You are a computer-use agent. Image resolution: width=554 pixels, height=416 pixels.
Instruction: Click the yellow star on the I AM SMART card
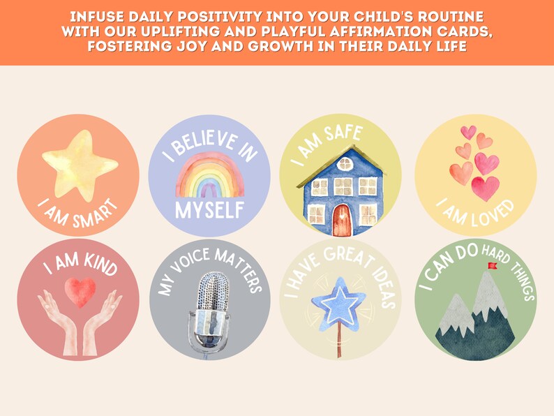tap(78, 165)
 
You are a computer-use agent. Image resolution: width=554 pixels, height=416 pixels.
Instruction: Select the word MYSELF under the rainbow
tap(209, 209)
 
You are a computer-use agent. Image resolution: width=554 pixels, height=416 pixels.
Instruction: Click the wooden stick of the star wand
tap(340, 343)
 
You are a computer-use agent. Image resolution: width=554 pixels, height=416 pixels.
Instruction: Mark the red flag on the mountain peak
tap(493, 265)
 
